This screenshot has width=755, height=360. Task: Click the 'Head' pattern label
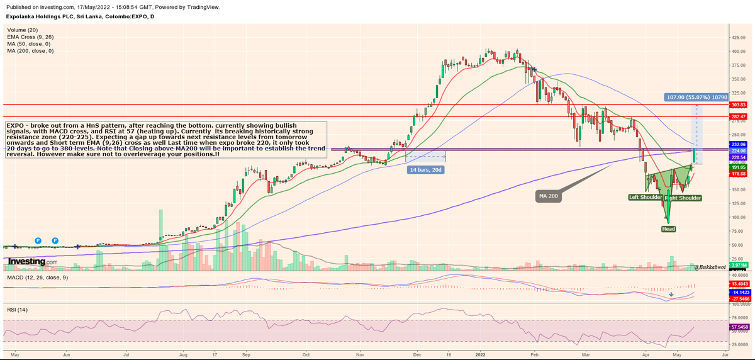tap(668, 229)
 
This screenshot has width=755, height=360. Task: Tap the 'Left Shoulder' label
tap(646, 198)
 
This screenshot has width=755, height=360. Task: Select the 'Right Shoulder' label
tap(683, 198)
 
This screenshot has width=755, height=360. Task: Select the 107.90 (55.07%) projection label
tap(696, 98)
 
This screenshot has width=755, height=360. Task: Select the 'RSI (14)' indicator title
tap(17, 310)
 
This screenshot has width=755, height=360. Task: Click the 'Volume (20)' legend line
tap(23, 30)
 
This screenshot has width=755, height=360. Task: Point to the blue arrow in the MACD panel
tap(672, 294)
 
